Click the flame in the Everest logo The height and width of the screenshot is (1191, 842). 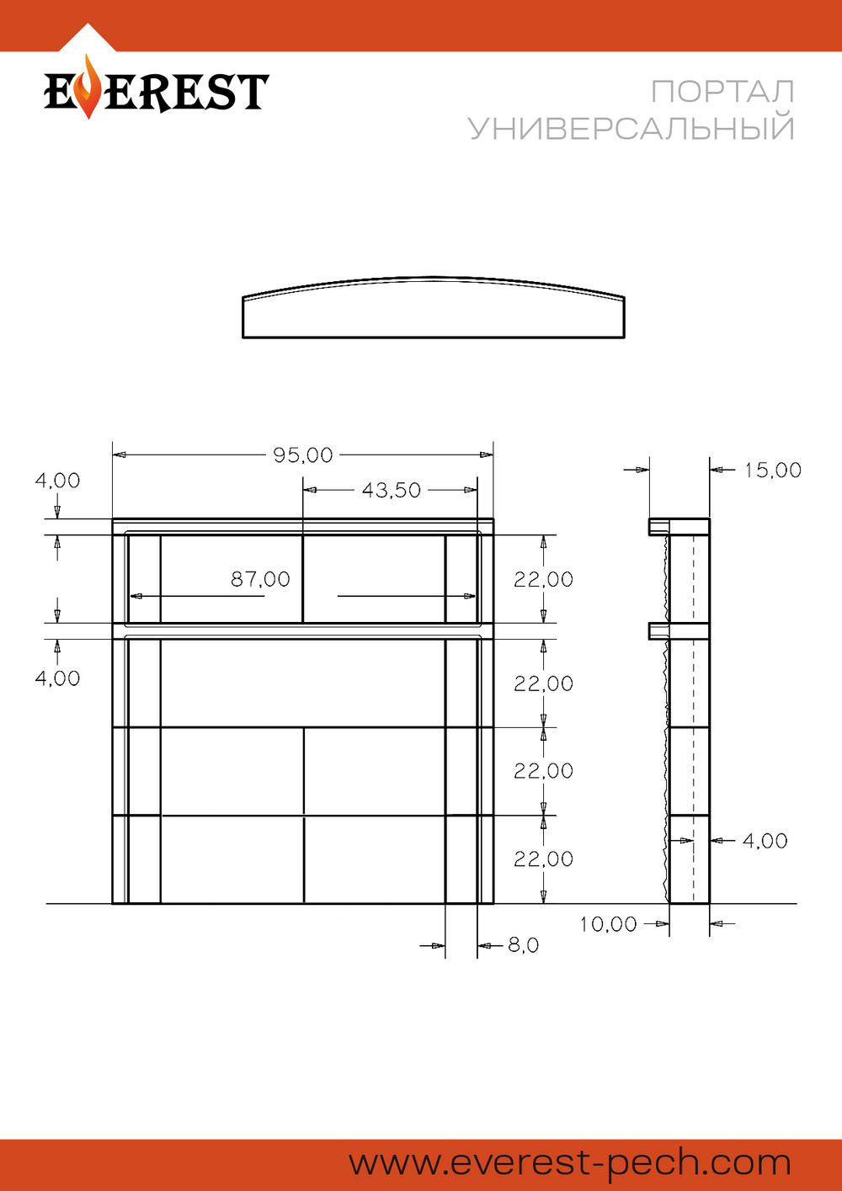[88, 87]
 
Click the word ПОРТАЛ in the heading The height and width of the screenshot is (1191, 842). [722, 92]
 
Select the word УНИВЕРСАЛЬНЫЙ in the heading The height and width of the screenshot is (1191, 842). [631, 128]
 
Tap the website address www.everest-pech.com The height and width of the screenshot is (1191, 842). [570, 1162]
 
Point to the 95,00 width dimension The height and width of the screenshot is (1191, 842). [302, 455]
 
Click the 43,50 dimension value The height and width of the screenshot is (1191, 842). [391, 490]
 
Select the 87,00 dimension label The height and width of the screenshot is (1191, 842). [260, 579]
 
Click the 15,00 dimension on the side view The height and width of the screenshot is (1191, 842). [772, 470]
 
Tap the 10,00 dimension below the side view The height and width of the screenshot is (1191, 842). [608, 924]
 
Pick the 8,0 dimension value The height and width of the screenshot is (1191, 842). [524, 945]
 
